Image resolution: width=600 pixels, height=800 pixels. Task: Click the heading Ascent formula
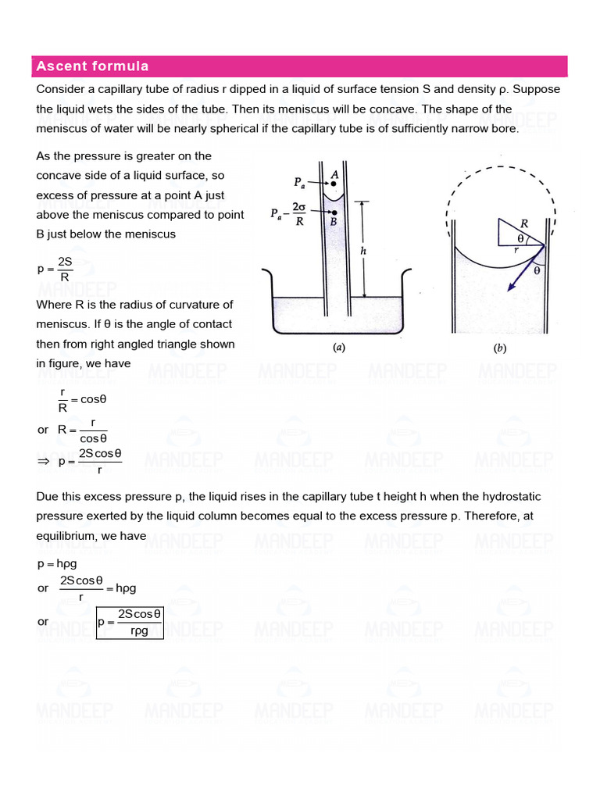click(92, 66)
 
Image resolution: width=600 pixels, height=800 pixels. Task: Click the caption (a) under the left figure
click(339, 348)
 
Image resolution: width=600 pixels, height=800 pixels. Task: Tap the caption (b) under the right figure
click(499, 348)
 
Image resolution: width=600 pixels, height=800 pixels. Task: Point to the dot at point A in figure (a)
click(333, 184)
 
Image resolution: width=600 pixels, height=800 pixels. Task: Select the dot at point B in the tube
click(333, 212)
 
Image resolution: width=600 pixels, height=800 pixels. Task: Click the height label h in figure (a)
click(362, 251)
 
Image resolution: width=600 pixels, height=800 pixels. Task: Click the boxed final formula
click(130, 622)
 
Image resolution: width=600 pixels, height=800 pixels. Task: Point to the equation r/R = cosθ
click(82, 399)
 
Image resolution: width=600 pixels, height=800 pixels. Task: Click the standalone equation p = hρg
click(57, 562)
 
